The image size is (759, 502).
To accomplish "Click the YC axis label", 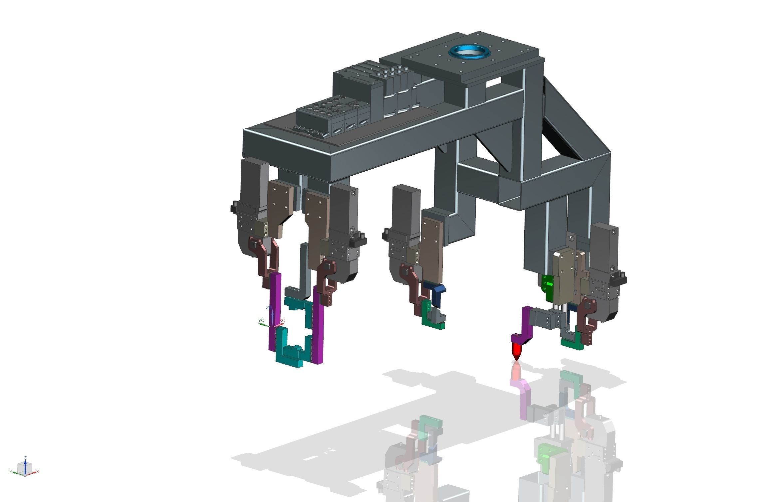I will pos(261,320).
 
